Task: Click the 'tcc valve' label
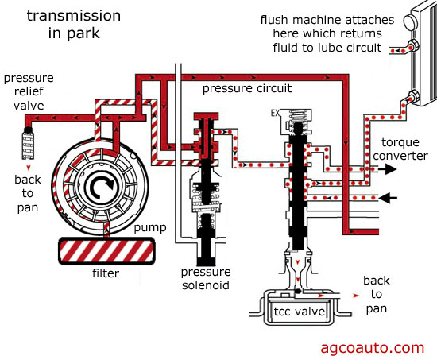(x=299, y=312)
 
